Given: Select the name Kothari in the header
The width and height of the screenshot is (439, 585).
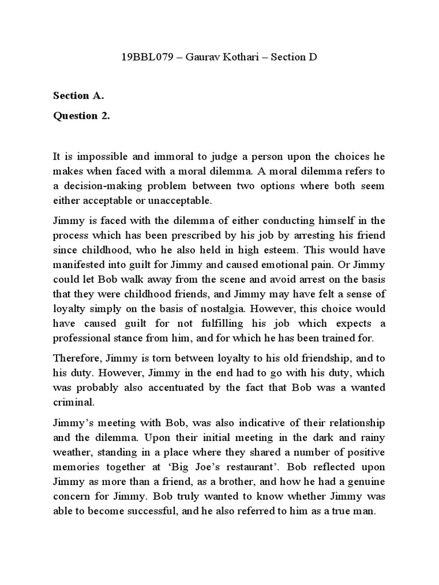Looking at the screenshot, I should pos(247,57).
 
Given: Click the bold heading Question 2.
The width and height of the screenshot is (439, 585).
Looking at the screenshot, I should pos(81,116).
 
